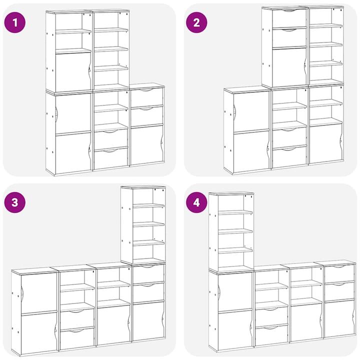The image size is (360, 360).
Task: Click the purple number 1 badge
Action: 15,22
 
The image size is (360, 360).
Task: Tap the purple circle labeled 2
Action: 196,22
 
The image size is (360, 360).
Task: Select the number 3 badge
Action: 15,202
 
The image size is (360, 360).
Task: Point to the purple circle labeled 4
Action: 196,202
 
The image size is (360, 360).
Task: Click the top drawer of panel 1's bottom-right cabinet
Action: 146,97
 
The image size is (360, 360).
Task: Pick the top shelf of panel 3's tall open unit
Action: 149,206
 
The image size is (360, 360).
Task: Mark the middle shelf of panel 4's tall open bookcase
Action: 235,231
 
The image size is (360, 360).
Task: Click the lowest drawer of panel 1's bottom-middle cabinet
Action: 111,158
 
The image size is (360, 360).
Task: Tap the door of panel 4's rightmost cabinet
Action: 340,318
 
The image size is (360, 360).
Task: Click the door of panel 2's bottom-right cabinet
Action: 326,143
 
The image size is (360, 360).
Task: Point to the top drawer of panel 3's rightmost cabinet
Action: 148,274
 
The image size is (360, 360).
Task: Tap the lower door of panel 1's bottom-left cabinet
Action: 73,153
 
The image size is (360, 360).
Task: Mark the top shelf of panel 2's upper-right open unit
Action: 326,26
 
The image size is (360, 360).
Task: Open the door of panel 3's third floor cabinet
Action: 113,324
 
